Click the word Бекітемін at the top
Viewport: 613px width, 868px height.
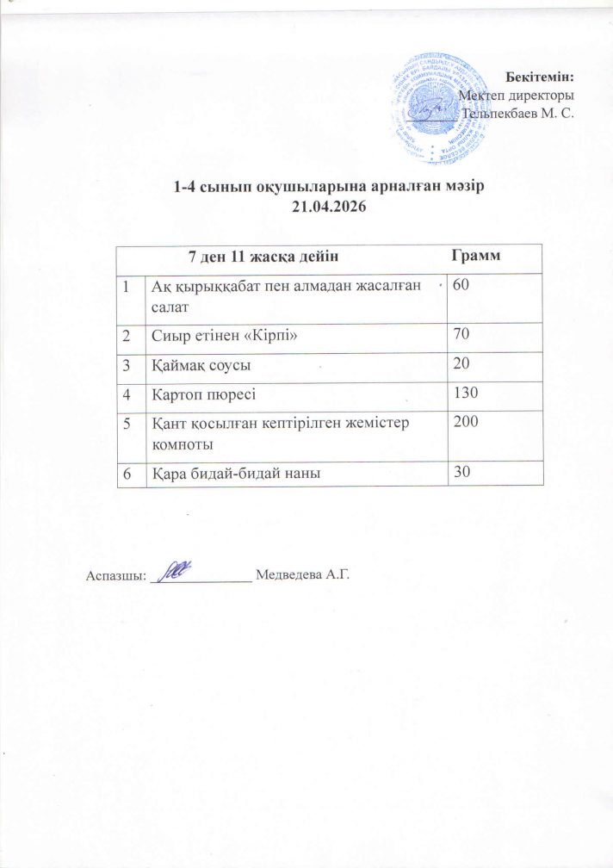543,78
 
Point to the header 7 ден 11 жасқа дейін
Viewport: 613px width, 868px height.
262,256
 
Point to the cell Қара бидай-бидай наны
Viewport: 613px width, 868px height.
231,473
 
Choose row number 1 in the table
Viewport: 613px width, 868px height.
126,286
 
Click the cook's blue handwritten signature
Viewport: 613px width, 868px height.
172,571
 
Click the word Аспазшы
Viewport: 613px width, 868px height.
115,574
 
